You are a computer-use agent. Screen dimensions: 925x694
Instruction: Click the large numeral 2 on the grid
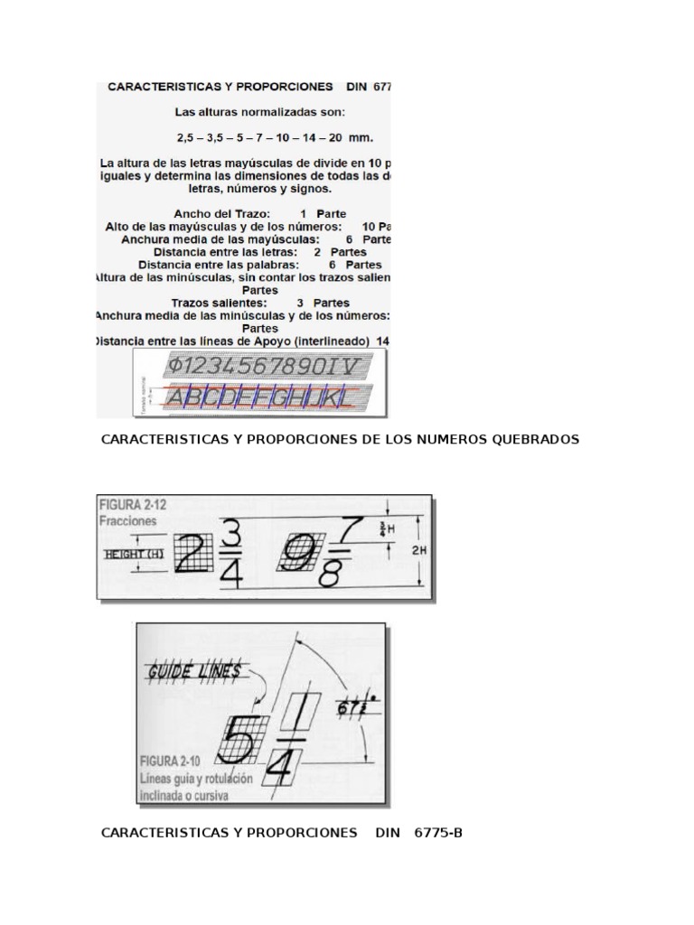click(x=192, y=552)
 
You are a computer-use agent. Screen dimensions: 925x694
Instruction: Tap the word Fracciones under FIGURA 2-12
click(x=129, y=521)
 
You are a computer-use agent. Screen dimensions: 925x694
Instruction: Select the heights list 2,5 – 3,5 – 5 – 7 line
click(x=275, y=137)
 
